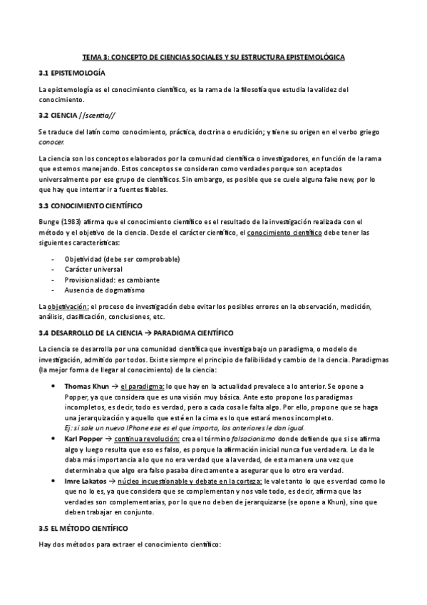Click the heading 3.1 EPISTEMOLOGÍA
[x=71, y=73]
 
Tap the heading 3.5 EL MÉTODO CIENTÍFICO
[x=83, y=529]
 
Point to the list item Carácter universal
[x=93, y=269]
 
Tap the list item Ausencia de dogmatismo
[x=104, y=290]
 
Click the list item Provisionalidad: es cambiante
[x=112, y=280]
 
